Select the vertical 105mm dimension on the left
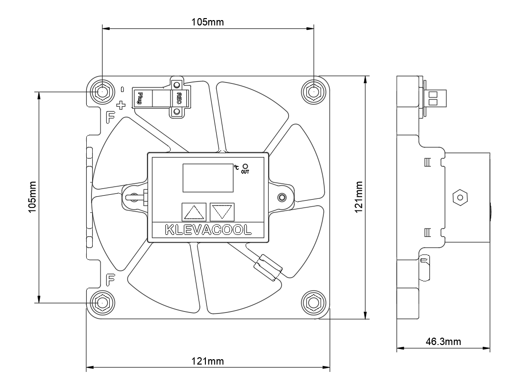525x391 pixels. pos(32,196)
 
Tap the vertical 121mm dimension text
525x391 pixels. pos(359,196)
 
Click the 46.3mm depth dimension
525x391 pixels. pos(443,341)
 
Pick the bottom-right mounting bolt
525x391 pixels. pos(312,302)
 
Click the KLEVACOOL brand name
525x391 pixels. pos(208,230)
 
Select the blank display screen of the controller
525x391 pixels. pos(207,177)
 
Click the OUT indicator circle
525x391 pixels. pos(246,166)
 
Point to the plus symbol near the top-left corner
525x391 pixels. pos(121,104)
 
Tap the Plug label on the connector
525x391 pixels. pos(140,98)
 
